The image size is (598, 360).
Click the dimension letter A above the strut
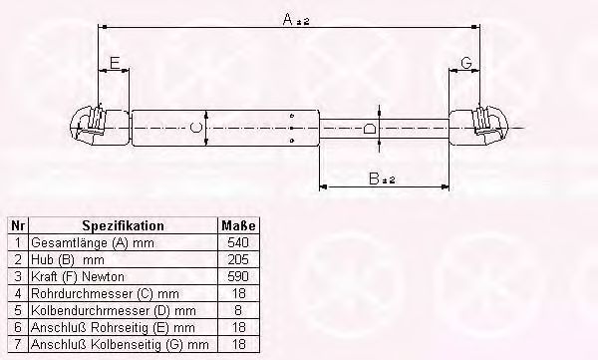tap(288, 19)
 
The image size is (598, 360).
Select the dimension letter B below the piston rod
tap(374, 179)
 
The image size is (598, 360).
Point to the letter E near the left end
tap(115, 63)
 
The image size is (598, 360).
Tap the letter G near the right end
tap(466, 63)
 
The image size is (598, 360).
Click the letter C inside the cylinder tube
tap(195, 127)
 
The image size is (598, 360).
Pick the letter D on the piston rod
tap(369, 129)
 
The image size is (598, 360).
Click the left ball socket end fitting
tap(99, 127)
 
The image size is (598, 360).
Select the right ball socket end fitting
tap(479, 127)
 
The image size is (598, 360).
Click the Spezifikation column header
tap(124, 225)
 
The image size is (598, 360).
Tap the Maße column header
tap(238, 225)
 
